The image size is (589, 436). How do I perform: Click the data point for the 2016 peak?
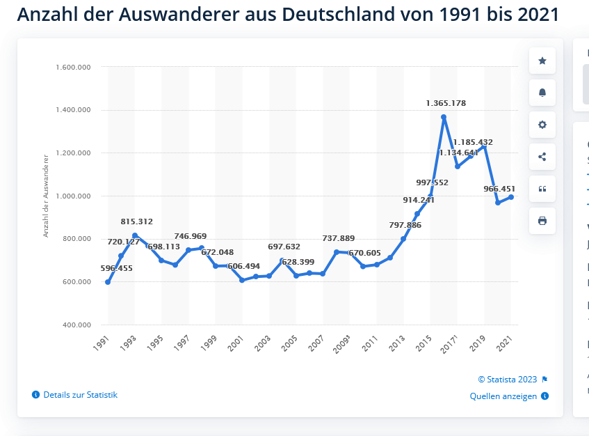[444, 117]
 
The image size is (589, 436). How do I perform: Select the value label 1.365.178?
[446, 103]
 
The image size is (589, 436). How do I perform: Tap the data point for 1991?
[108, 282]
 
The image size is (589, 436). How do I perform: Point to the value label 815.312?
[136, 221]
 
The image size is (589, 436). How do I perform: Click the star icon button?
[542, 61]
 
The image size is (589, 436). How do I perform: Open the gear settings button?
[542, 125]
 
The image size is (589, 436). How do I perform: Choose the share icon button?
[542, 157]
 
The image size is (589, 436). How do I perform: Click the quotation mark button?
[542, 189]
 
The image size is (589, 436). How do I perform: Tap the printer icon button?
[542, 221]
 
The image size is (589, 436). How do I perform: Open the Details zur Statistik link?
[80, 395]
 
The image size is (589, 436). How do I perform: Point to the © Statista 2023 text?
[508, 380]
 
